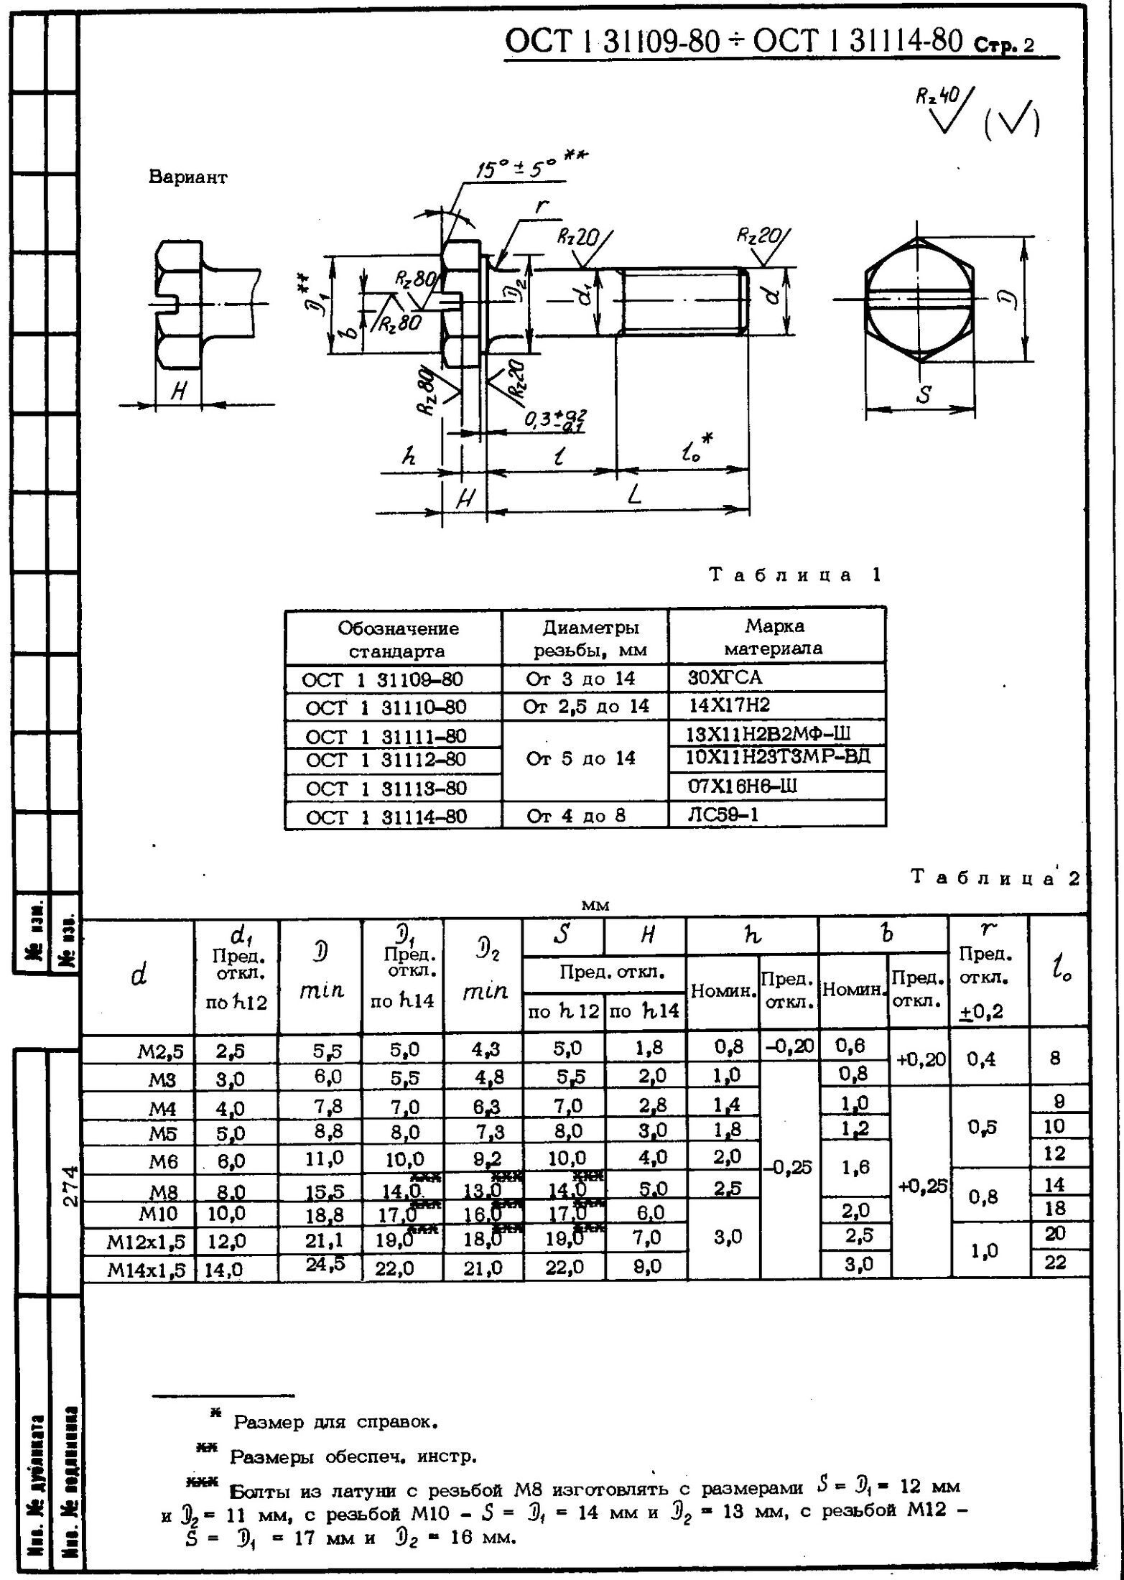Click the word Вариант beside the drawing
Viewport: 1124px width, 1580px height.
(187, 177)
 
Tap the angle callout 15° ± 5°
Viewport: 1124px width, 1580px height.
(516, 169)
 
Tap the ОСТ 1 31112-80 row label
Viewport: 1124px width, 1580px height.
(386, 759)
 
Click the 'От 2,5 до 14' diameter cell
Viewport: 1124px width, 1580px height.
(585, 707)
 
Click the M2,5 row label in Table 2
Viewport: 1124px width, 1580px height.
(161, 1051)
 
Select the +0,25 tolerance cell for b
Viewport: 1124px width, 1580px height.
(919, 1186)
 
